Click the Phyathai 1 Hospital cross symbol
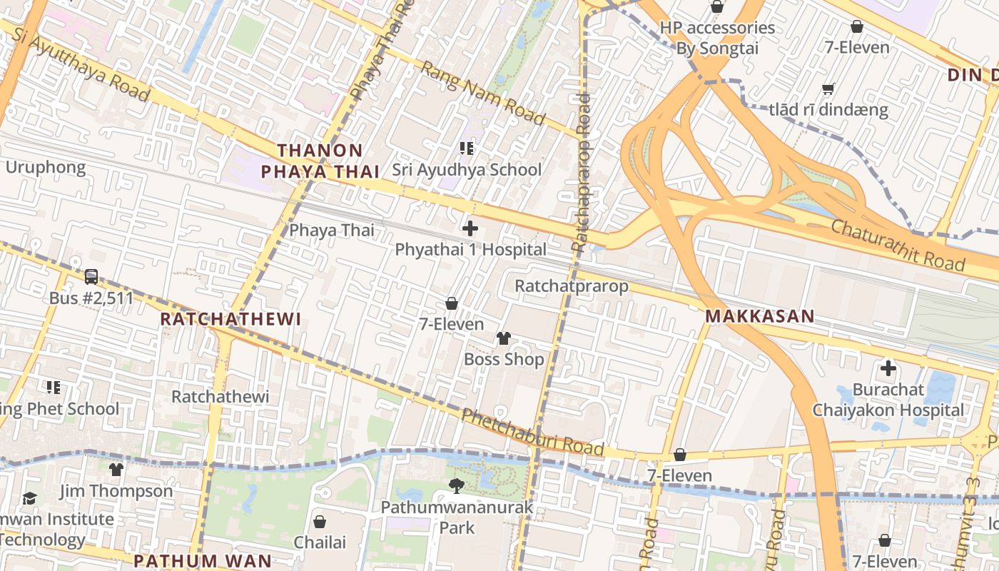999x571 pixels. click(x=470, y=229)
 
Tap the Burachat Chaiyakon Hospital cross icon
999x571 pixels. click(x=888, y=369)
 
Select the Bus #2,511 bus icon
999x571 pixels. click(x=91, y=276)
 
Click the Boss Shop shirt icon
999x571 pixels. click(x=504, y=338)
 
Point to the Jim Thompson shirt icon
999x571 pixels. click(x=116, y=469)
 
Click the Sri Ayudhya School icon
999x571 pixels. click(x=467, y=148)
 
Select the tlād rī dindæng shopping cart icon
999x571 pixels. click(x=828, y=89)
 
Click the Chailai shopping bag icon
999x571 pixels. click(x=320, y=521)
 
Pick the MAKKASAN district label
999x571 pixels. click(x=760, y=315)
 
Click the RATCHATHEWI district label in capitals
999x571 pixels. click(x=230, y=318)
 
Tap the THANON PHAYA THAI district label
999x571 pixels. click(x=320, y=161)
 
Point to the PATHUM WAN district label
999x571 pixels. click(x=203, y=560)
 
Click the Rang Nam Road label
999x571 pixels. click(x=483, y=93)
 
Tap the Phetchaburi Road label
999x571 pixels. click(x=532, y=433)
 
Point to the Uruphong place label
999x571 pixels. click(x=46, y=168)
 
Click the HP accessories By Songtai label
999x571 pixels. click(x=717, y=38)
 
